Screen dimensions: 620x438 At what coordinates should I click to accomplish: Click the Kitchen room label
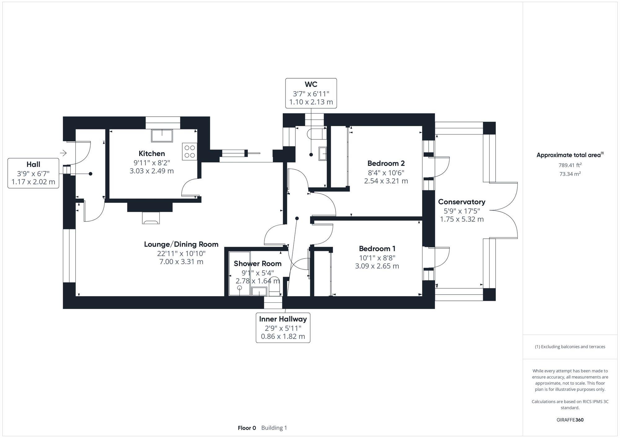coord(152,154)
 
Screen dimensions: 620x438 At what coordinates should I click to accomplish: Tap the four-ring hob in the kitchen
coord(189,151)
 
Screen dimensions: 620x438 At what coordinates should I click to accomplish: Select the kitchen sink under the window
coord(162,136)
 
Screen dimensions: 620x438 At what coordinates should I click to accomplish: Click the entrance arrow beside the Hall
coord(63,153)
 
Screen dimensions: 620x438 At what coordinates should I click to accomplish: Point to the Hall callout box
coord(33,173)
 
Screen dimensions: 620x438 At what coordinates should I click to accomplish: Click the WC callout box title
coord(311,84)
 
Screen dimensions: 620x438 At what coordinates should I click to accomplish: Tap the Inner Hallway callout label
coord(283,319)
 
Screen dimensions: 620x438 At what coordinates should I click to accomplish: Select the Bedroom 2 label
coord(386,163)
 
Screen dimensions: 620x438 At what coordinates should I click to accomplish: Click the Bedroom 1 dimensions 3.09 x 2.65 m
coord(377,266)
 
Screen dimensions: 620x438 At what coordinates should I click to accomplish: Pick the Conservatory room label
coord(462,202)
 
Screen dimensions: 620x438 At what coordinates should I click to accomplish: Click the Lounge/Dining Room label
coord(181,244)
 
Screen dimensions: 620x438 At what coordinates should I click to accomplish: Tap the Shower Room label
coord(258,263)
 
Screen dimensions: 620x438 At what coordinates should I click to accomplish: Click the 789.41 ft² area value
coord(570,165)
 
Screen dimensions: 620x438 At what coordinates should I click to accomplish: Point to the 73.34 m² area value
coord(570,174)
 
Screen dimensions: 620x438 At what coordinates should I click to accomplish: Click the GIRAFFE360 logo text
coord(570,420)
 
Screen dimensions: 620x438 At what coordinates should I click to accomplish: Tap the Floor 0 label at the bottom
coord(247,428)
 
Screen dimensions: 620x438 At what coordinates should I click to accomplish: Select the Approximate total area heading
coord(570,155)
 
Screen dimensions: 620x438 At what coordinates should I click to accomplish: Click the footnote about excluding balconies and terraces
coord(570,347)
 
